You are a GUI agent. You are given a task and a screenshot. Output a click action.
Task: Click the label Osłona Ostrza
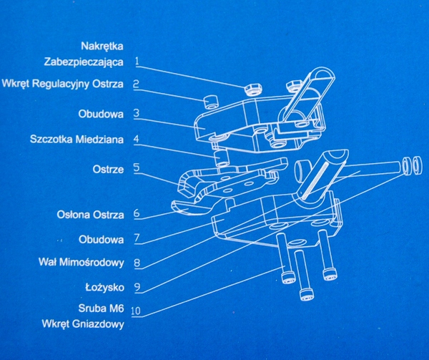coord(90,214)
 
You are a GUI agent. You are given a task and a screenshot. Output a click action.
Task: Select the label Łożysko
coord(104,286)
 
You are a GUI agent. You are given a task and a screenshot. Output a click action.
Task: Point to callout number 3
coord(136,113)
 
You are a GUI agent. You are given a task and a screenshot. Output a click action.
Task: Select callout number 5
coord(136,169)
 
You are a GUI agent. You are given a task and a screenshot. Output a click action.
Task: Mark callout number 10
coord(137,311)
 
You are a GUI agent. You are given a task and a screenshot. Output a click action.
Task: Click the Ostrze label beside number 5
coord(108,169)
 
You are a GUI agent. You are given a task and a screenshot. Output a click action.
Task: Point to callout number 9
coord(136,287)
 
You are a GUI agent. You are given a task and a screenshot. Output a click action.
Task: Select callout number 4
coord(136,140)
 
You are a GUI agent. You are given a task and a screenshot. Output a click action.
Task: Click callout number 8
coord(136,263)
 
